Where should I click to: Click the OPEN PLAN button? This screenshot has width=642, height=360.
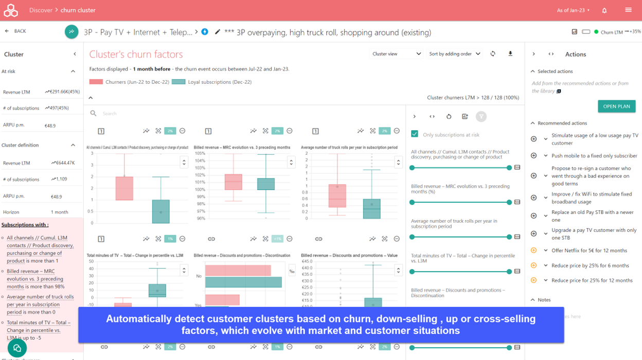[616, 106]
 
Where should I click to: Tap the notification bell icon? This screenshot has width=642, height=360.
[604, 10]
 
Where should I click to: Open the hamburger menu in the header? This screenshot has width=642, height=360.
[628, 10]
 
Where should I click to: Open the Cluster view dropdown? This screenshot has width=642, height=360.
[396, 54]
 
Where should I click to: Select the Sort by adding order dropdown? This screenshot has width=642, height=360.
[455, 54]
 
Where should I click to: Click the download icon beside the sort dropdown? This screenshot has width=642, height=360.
[510, 54]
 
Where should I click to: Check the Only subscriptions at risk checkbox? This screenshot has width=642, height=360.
[415, 134]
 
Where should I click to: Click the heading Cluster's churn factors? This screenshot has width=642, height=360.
[136, 55]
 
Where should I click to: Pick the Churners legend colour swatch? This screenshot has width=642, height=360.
[96, 82]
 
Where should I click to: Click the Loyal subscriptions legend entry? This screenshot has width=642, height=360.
[212, 82]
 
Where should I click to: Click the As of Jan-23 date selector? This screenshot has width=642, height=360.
[573, 10]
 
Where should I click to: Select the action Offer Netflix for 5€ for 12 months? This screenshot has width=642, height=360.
[589, 251]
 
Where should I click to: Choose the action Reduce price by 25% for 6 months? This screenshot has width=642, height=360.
[590, 266]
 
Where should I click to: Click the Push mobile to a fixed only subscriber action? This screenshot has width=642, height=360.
[594, 156]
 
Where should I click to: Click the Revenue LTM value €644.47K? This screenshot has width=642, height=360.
[63, 163]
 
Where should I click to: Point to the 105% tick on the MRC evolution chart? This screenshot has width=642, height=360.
[199, 153]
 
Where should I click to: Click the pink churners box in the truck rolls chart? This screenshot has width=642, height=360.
[337, 194]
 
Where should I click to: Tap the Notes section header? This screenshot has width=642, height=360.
[544, 300]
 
